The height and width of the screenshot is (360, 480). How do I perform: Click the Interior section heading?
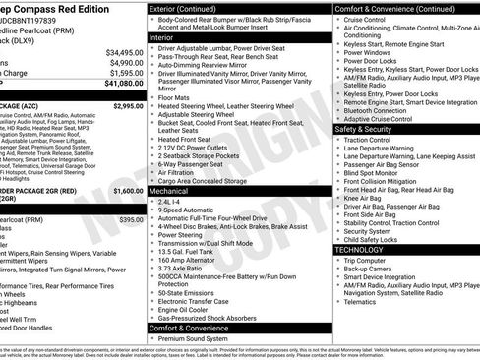tap(168, 36)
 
